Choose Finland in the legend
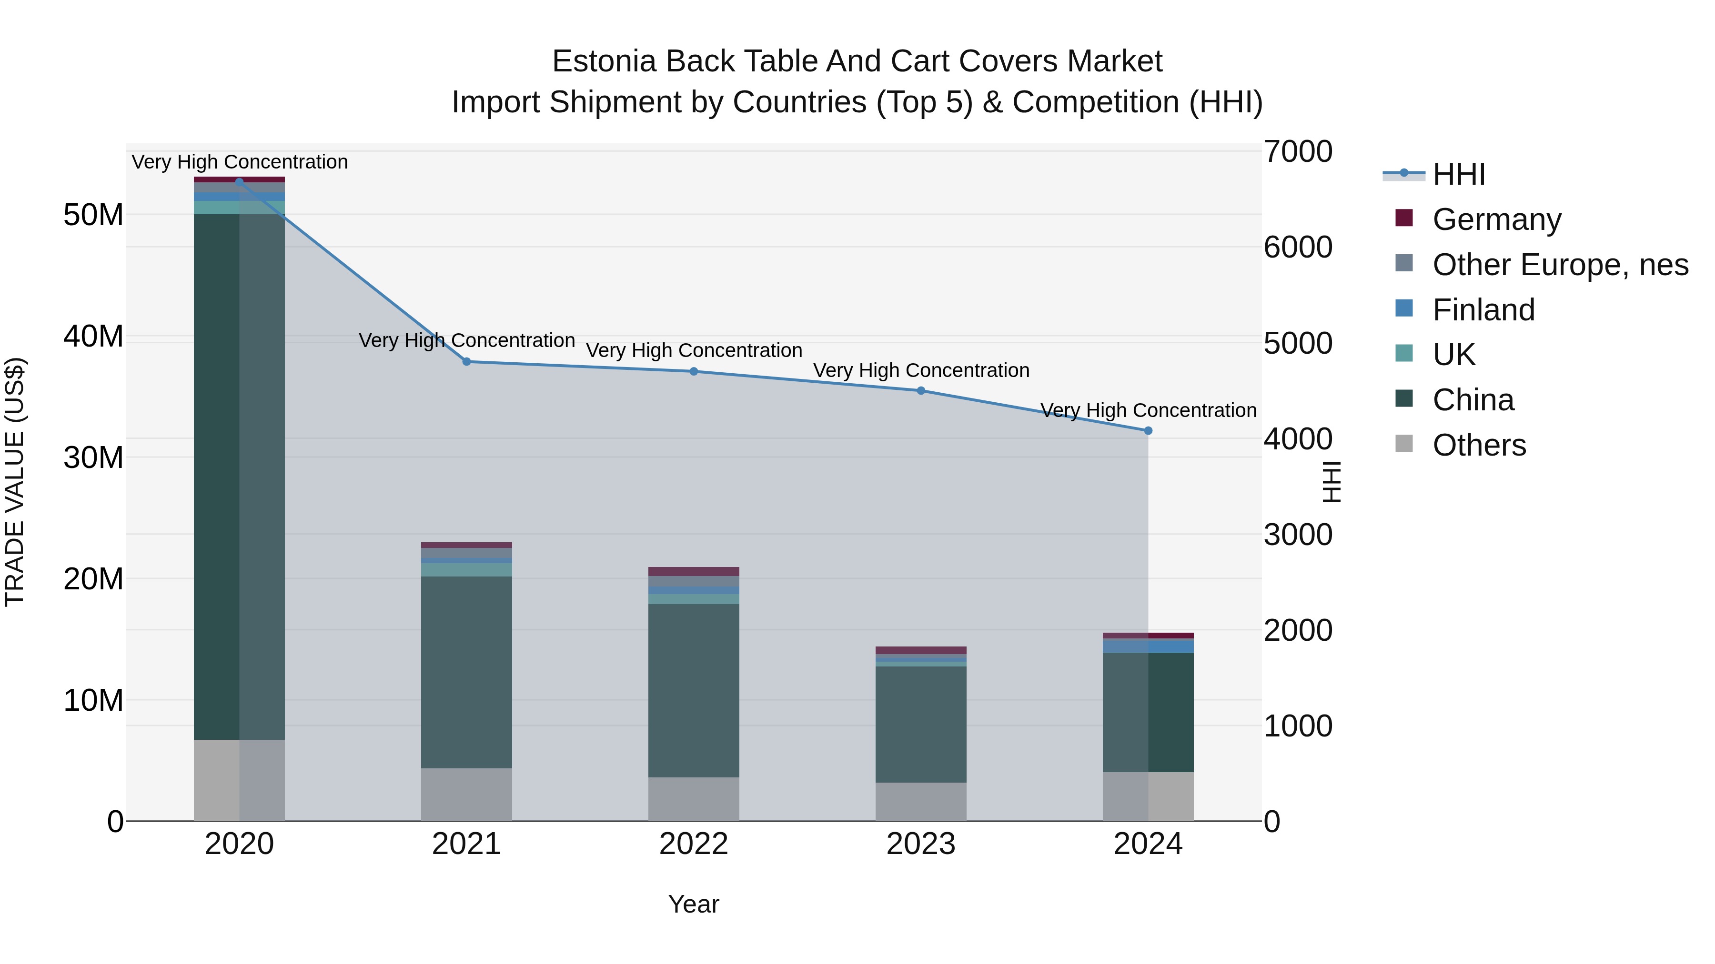pyautogui.click(x=1483, y=310)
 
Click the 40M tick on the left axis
pyautogui.click(x=93, y=337)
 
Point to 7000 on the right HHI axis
pyautogui.click(x=1298, y=152)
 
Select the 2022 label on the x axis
pyautogui.click(x=693, y=844)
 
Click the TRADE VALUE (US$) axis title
pyautogui.click(x=15, y=482)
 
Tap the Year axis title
pyautogui.click(x=693, y=904)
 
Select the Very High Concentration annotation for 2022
pyautogui.click(x=693, y=350)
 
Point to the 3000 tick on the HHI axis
pyautogui.click(x=1298, y=535)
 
